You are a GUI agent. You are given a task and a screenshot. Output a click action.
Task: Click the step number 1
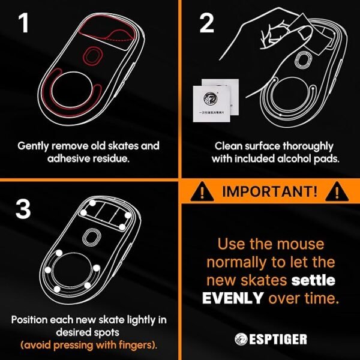coord(23,24)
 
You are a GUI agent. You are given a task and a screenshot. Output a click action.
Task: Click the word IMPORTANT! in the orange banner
coord(271,193)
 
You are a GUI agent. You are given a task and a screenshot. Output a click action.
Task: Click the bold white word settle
coord(313,280)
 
